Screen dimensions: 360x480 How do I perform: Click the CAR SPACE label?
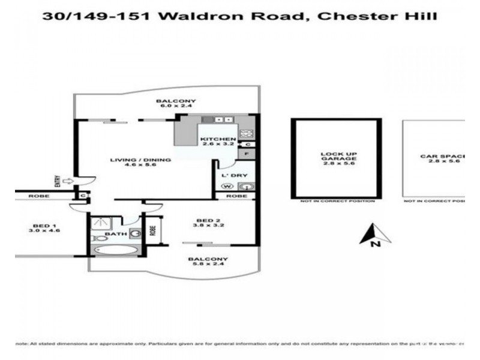coord(442,158)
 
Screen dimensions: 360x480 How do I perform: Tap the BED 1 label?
coord(43,227)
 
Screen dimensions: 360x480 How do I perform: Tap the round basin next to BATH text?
coord(136,233)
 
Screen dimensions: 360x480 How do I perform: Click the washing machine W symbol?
coord(227,186)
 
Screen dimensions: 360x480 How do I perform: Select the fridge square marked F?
coord(247,154)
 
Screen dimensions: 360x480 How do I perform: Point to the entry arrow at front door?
coord(67,179)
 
